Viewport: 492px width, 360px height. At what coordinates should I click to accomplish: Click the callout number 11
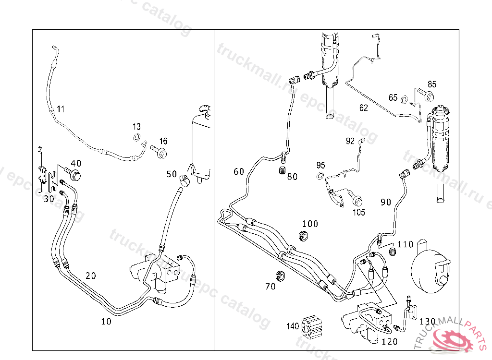pos(60,109)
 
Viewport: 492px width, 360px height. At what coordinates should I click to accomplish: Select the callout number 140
pos(293,326)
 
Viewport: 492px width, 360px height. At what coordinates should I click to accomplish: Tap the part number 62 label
pos(364,108)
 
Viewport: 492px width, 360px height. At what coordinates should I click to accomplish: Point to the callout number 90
pos(386,202)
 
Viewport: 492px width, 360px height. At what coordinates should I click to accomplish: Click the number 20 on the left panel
pos(91,276)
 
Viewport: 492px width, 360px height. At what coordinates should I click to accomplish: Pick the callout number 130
pos(427,321)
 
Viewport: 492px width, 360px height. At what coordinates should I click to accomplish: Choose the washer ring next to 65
pos(406,100)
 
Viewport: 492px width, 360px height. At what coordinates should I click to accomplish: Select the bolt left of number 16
pos(160,153)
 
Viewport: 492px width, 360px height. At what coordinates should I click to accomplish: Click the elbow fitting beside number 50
pos(183,179)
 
